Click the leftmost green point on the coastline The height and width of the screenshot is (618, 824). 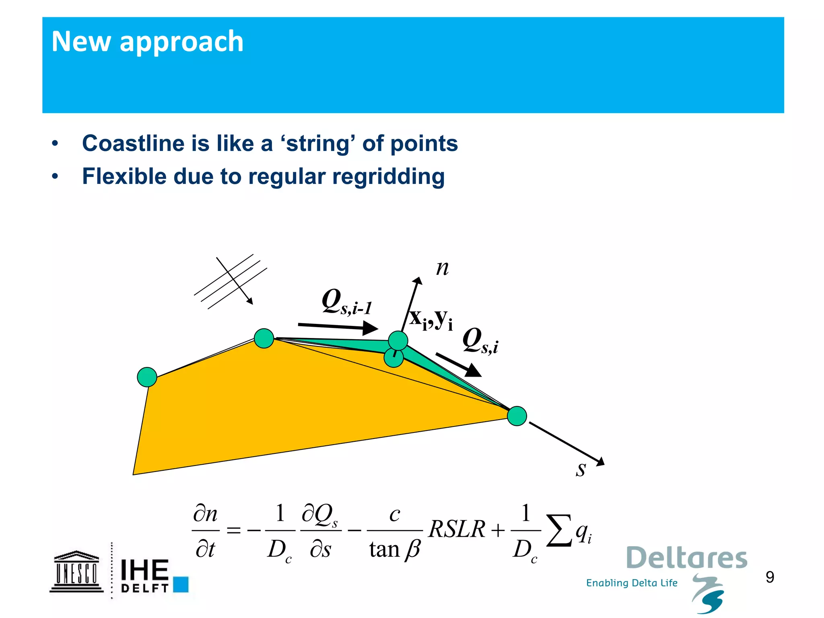[x=147, y=377]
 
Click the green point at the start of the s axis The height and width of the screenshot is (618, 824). [x=517, y=416]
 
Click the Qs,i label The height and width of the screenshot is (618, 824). [x=480, y=341]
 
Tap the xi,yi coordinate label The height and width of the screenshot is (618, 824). [x=431, y=319]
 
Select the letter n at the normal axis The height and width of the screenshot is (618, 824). [x=442, y=268]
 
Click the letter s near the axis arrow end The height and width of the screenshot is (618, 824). [x=580, y=469]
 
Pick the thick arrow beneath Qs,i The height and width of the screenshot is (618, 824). [x=458, y=365]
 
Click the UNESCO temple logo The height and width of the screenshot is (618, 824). [x=76, y=571]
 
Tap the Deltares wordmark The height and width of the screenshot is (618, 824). [x=686, y=558]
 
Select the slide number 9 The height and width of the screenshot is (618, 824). [x=770, y=577]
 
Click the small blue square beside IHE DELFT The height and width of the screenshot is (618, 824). [x=181, y=584]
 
